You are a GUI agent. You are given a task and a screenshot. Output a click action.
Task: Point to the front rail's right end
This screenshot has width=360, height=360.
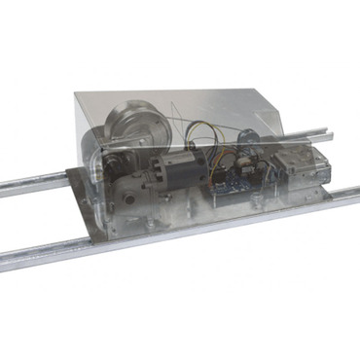tap(345, 196)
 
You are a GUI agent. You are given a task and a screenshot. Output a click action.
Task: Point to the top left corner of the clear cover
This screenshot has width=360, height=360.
tap(77, 92)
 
